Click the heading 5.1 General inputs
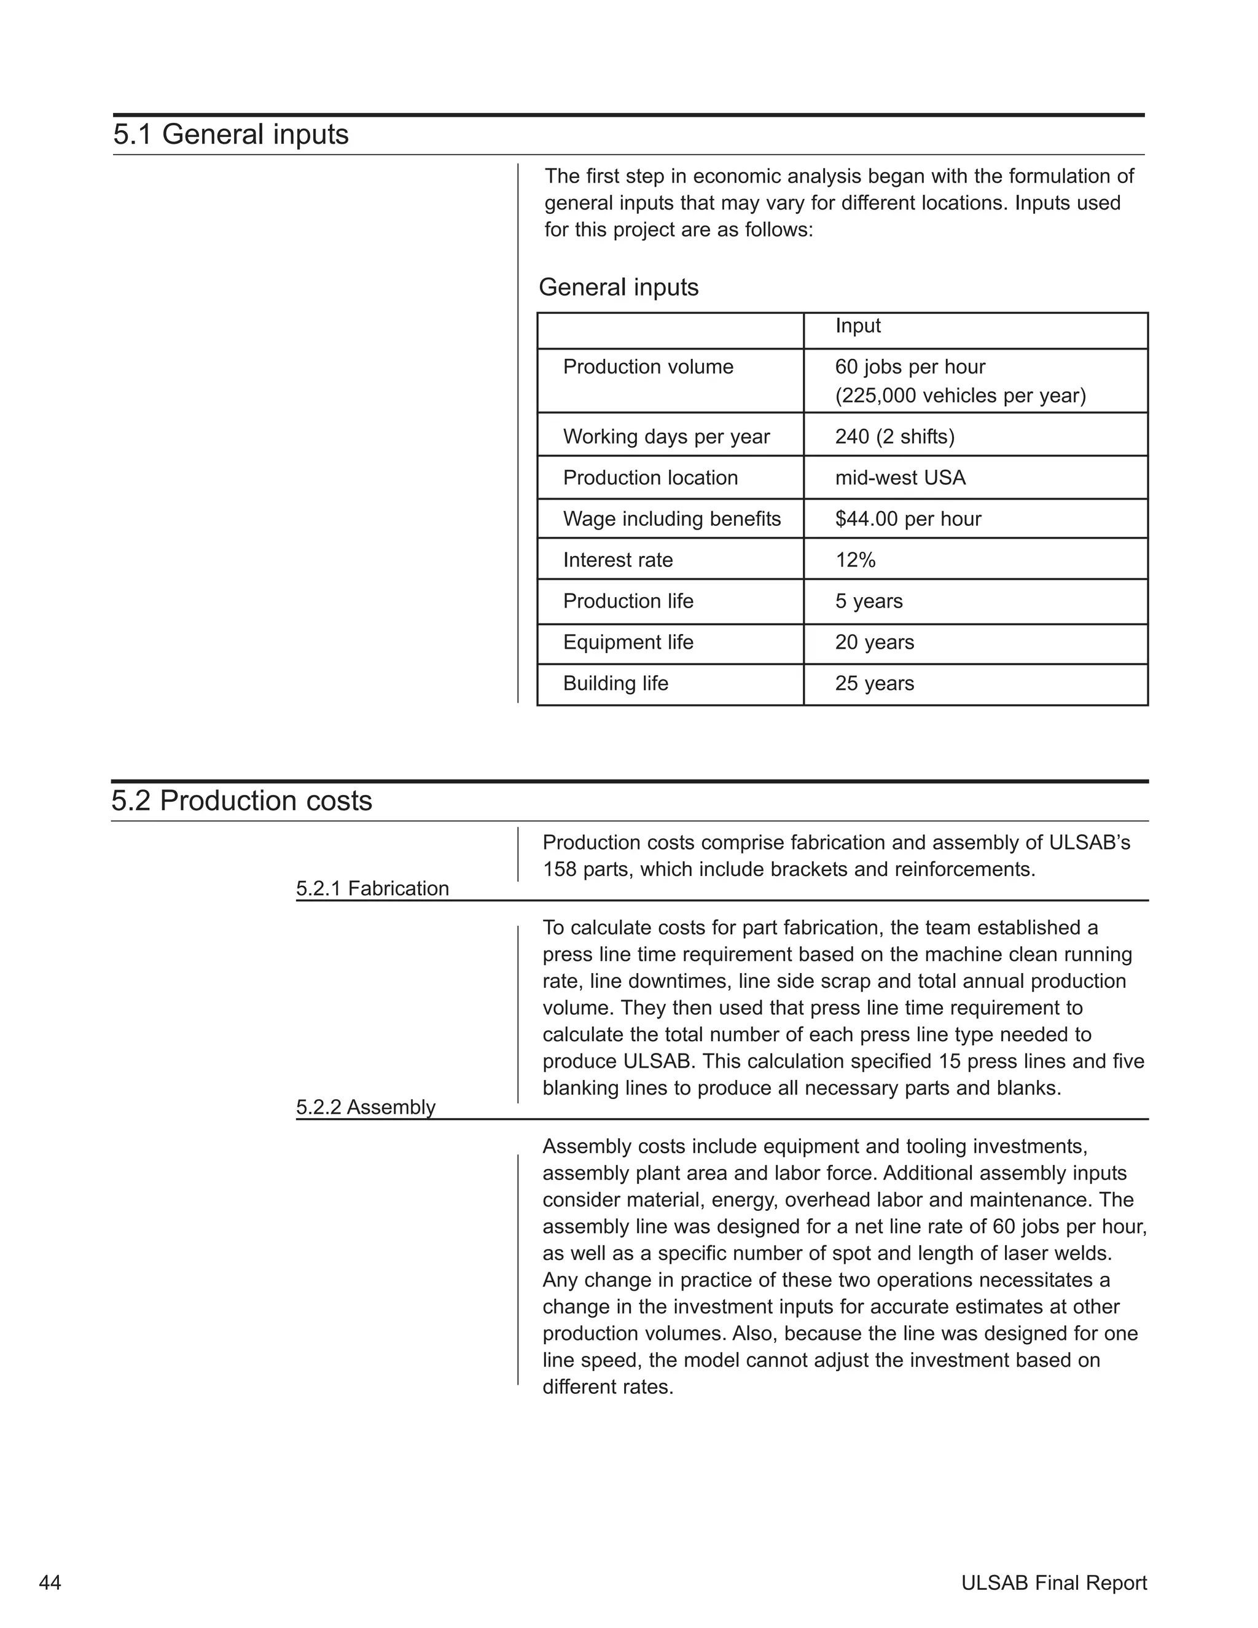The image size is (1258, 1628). (x=230, y=135)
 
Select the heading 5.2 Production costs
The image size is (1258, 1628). (x=241, y=800)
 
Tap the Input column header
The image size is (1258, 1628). (x=857, y=326)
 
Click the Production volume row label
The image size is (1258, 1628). (x=647, y=367)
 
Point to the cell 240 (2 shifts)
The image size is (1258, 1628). (x=894, y=436)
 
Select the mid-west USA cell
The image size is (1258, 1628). (x=899, y=477)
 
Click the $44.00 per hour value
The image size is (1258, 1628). (x=908, y=519)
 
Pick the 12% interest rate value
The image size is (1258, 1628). (x=855, y=560)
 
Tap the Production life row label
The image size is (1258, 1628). (x=628, y=601)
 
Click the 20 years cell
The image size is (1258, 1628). (x=874, y=642)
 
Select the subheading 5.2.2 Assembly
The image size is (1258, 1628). (x=365, y=1107)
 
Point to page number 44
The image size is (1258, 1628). (x=50, y=1583)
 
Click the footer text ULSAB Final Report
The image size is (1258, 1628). (x=1053, y=1583)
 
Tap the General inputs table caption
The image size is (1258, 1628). (x=618, y=287)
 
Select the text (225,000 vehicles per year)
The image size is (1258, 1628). (x=960, y=395)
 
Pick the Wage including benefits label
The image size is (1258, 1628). (x=671, y=519)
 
